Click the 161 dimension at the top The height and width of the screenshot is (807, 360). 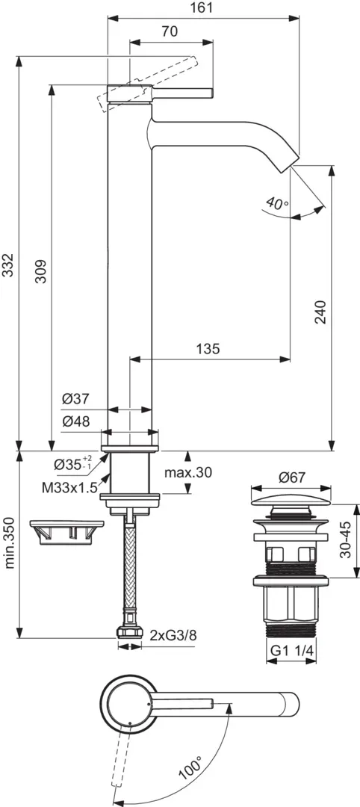[x=203, y=7]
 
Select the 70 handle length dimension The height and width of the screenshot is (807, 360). [x=170, y=32]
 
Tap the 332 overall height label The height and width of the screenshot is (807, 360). [x=7, y=265]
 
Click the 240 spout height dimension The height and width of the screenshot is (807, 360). [x=320, y=312]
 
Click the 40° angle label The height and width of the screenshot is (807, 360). [x=278, y=202]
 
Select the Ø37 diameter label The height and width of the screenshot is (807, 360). [x=75, y=398]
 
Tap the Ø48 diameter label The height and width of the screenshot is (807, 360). [x=75, y=421]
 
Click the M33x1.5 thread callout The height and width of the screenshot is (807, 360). [x=69, y=488]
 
